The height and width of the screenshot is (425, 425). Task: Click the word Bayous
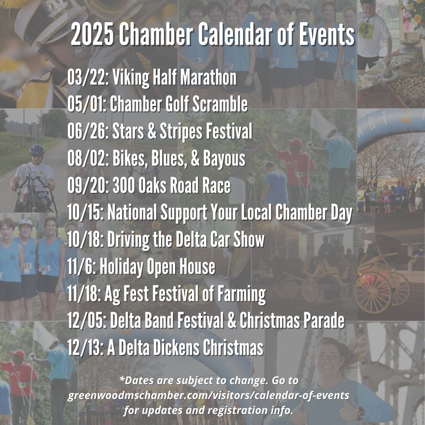224,159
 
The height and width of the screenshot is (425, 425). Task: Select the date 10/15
85,213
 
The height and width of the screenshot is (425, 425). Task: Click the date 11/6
81,267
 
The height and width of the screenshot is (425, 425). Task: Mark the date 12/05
87,321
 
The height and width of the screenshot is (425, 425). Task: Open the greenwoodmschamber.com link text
208,395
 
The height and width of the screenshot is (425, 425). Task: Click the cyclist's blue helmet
37,150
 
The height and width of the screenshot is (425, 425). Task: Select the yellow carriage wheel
373,293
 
